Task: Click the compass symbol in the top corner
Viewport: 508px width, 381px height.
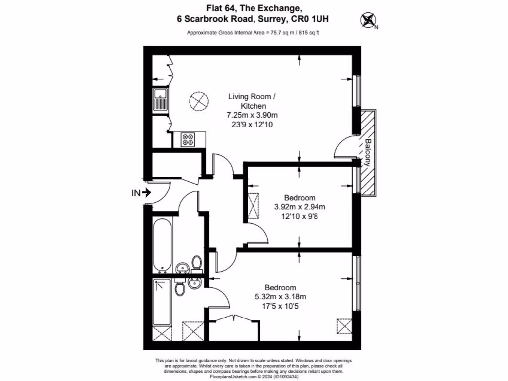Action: (x=368, y=20)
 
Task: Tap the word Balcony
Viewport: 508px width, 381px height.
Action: (x=368, y=151)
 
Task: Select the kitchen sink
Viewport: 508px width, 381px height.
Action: (x=160, y=99)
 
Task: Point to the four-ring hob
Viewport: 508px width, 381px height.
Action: (x=189, y=139)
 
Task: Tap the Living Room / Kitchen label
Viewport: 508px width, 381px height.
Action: (x=253, y=101)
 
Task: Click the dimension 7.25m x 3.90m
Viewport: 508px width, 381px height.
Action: (x=253, y=115)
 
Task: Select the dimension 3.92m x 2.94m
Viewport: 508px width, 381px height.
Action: (x=300, y=207)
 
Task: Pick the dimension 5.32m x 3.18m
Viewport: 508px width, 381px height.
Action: (x=280, y=297)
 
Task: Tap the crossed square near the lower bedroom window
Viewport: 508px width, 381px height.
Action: (x=344, y=326)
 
